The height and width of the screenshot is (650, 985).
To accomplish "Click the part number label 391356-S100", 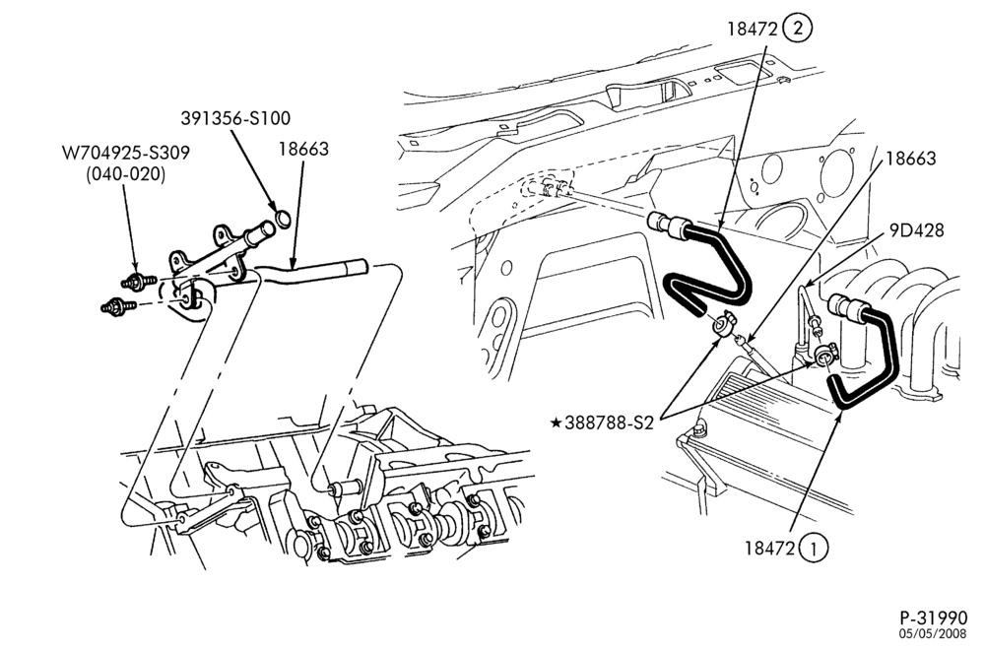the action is pyautogui.click(x=235, y=118).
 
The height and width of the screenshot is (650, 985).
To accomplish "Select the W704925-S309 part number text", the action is pyautogui.click(x=126, y=154).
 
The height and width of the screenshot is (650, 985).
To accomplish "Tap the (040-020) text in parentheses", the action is pyautogui.click(x=126, y=174).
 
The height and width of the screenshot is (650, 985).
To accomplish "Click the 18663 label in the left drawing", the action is pyautogui.click(x=304, y=149).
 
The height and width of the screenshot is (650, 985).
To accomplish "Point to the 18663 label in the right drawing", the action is pyautogui.click(x=911, y=159).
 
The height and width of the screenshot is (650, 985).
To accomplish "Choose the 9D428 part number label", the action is pyautogui.click(x=916, y=230).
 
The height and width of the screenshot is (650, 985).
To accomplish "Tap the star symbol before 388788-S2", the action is pyautogui.click(x=556, y=422).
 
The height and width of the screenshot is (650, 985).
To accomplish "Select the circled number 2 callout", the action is pyautogui.click(x=798, y=29).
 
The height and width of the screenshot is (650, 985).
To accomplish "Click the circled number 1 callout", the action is pyautogui.click(x=815, y=549).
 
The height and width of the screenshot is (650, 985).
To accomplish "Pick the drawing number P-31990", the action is pyautogui.click(x=933, y=617).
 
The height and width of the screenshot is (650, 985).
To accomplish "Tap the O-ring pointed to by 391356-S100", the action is pyautogui.click(x=284, y=220).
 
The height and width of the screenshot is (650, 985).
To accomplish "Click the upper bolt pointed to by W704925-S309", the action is pyautogui.click(x=138, y=282).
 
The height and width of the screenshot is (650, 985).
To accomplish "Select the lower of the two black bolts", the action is pyautogui.click(x=118, y=306).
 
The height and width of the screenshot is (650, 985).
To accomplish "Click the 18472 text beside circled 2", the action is pyautogui.click(x=753, y=29).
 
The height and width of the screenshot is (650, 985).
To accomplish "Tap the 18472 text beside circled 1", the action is pyautogui.click(x=770, y=549).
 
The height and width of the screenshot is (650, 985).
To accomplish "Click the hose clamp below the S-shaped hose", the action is pyautogui.click(x=721, y=326).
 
